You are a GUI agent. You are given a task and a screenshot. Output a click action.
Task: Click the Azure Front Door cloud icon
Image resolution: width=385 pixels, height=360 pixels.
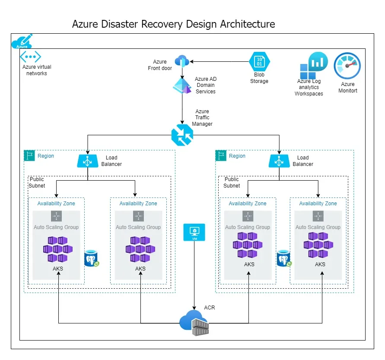pos(182,61)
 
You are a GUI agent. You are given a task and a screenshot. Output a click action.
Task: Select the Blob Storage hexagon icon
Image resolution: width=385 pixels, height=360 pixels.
pos(259,61)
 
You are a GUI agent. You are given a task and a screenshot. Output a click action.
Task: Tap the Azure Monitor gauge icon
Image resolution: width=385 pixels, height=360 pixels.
pos(347,66)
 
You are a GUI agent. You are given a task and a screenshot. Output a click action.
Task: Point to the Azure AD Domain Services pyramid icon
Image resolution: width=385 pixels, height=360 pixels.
pos(182,86)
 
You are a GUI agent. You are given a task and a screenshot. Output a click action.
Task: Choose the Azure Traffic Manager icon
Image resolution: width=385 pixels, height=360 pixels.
pos(182,135)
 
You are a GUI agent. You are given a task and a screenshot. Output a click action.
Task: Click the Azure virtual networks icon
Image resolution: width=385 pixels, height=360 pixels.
pos(30,57)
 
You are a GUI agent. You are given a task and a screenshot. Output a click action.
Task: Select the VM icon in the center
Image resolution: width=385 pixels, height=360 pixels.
pos(194,232)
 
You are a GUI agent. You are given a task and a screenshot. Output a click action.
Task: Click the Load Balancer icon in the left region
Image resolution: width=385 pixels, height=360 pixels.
pos(88,161)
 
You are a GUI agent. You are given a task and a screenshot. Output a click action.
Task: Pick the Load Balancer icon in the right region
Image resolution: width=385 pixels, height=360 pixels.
pos(279,161)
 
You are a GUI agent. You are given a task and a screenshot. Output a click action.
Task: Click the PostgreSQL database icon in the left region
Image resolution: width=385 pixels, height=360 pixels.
pos(91,258)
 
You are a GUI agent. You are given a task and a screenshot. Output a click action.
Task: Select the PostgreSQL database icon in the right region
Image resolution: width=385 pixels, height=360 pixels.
pos(284,258)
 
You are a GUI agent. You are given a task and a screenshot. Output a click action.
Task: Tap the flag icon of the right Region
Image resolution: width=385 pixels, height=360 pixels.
pos(221,156)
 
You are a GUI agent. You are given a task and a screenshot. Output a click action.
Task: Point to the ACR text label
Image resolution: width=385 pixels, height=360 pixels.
pos(210,307)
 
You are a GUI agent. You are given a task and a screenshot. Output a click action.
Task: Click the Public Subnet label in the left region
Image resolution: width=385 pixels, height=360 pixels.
pos(37,182)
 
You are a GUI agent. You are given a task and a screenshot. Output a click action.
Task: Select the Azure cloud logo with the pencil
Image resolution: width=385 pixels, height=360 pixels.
pos(22,41)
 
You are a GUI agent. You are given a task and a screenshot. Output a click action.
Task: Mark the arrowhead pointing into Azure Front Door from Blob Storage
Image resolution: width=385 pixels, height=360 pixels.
pos(191,61)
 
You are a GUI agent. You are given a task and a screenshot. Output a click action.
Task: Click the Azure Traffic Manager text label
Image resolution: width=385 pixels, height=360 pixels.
pos(202,118)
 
